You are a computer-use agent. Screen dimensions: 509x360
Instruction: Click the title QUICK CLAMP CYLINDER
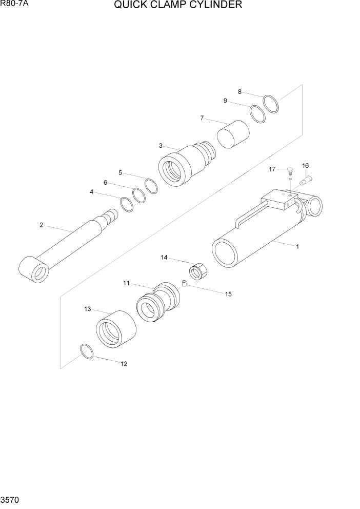[178, 6]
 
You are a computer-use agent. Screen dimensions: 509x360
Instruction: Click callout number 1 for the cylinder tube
[297, 246]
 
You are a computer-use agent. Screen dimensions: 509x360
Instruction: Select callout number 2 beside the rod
[41, 224]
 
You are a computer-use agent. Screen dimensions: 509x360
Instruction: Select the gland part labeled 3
[182, 166]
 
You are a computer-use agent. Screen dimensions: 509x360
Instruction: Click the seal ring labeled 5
[151, 186]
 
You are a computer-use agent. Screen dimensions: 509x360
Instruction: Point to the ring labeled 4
[127, 204]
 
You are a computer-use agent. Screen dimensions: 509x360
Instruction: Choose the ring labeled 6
[139, 195]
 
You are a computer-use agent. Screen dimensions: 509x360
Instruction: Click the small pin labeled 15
[184, 283]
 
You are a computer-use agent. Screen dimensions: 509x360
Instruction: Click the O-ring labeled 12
[87, 351]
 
